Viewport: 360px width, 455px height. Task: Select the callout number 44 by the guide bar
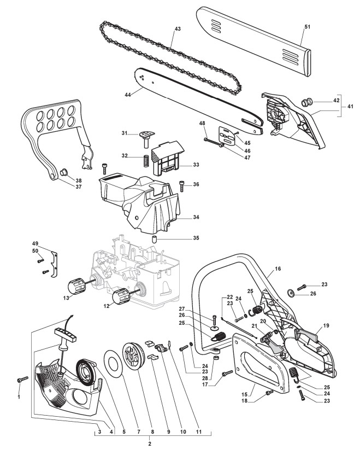tap(128, 94)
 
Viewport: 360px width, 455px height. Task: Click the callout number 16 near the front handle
tap(278, 270)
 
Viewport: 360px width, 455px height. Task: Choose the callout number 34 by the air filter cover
tap(196, 217)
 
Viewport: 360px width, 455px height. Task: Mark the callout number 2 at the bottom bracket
tap(150, 444)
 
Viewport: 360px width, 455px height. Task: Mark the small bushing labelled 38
tap(63, 172)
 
